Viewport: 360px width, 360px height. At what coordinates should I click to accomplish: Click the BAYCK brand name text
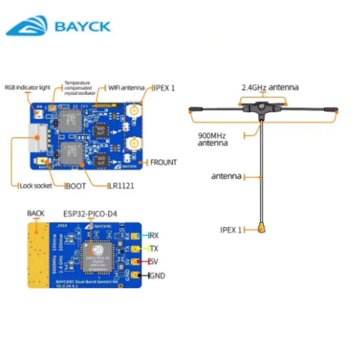pyautogui.click(x=82, y=27)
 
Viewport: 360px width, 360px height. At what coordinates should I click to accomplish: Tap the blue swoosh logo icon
pyautogui.click(x=27, y=26)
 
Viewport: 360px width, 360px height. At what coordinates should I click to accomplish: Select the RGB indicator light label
pyautogui.click(x=27, y=87)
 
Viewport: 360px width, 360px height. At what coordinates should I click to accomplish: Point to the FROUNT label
pyautogui.click(x=163, y=162)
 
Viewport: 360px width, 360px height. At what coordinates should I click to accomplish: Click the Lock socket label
pyautogui.click(x=36, y=186)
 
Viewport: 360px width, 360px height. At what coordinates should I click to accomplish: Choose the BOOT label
pyautogui.click(x=76, y=186)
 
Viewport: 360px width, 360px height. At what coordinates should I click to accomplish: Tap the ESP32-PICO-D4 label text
pyautogui.click(x=90, y=214)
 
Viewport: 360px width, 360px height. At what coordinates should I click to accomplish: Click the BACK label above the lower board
pyautogui.click(x=36, y=213)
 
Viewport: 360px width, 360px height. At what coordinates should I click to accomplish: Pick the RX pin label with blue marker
pyautogui.click(x=154, y=236)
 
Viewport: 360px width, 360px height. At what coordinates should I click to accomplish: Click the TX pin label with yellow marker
pyautogui.click(x=154, y=249)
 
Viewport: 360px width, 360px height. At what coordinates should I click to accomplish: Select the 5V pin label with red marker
pyautogui.click(x=154, y=262)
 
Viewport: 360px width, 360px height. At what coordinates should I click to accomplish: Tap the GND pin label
pyautogui.click(x=157, y=276)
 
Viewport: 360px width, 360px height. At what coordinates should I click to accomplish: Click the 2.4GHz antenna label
pyautogui.click(x=270, y=87)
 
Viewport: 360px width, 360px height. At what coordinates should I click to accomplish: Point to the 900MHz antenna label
pyautogui.click(x=213, y=139)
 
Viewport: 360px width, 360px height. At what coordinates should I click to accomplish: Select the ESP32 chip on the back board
pyautogui.click(x=96, y=256)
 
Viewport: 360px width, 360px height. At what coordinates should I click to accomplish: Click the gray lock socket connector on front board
pyautogui.click(x=37, y=138)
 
